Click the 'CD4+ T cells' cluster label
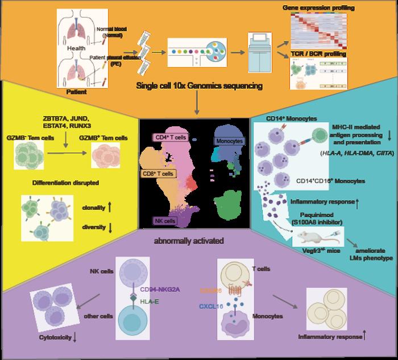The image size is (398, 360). tap(172, 137)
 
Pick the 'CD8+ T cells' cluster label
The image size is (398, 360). tap(159, 172)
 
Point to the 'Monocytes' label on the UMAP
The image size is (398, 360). tap(230, 140)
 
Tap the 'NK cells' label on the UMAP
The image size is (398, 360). tap(167, 220)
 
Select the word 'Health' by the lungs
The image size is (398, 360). tap(77, 48)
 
